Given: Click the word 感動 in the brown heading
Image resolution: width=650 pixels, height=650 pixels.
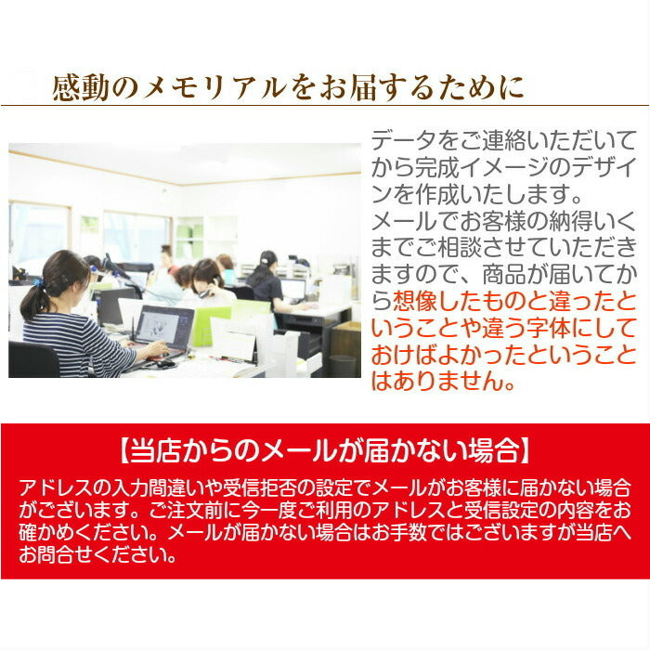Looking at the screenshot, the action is (x=81, y=88).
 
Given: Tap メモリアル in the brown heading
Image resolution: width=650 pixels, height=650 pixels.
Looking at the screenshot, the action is (x=214, y=88).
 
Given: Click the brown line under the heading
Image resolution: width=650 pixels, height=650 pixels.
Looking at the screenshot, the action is (x=325, y=105).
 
